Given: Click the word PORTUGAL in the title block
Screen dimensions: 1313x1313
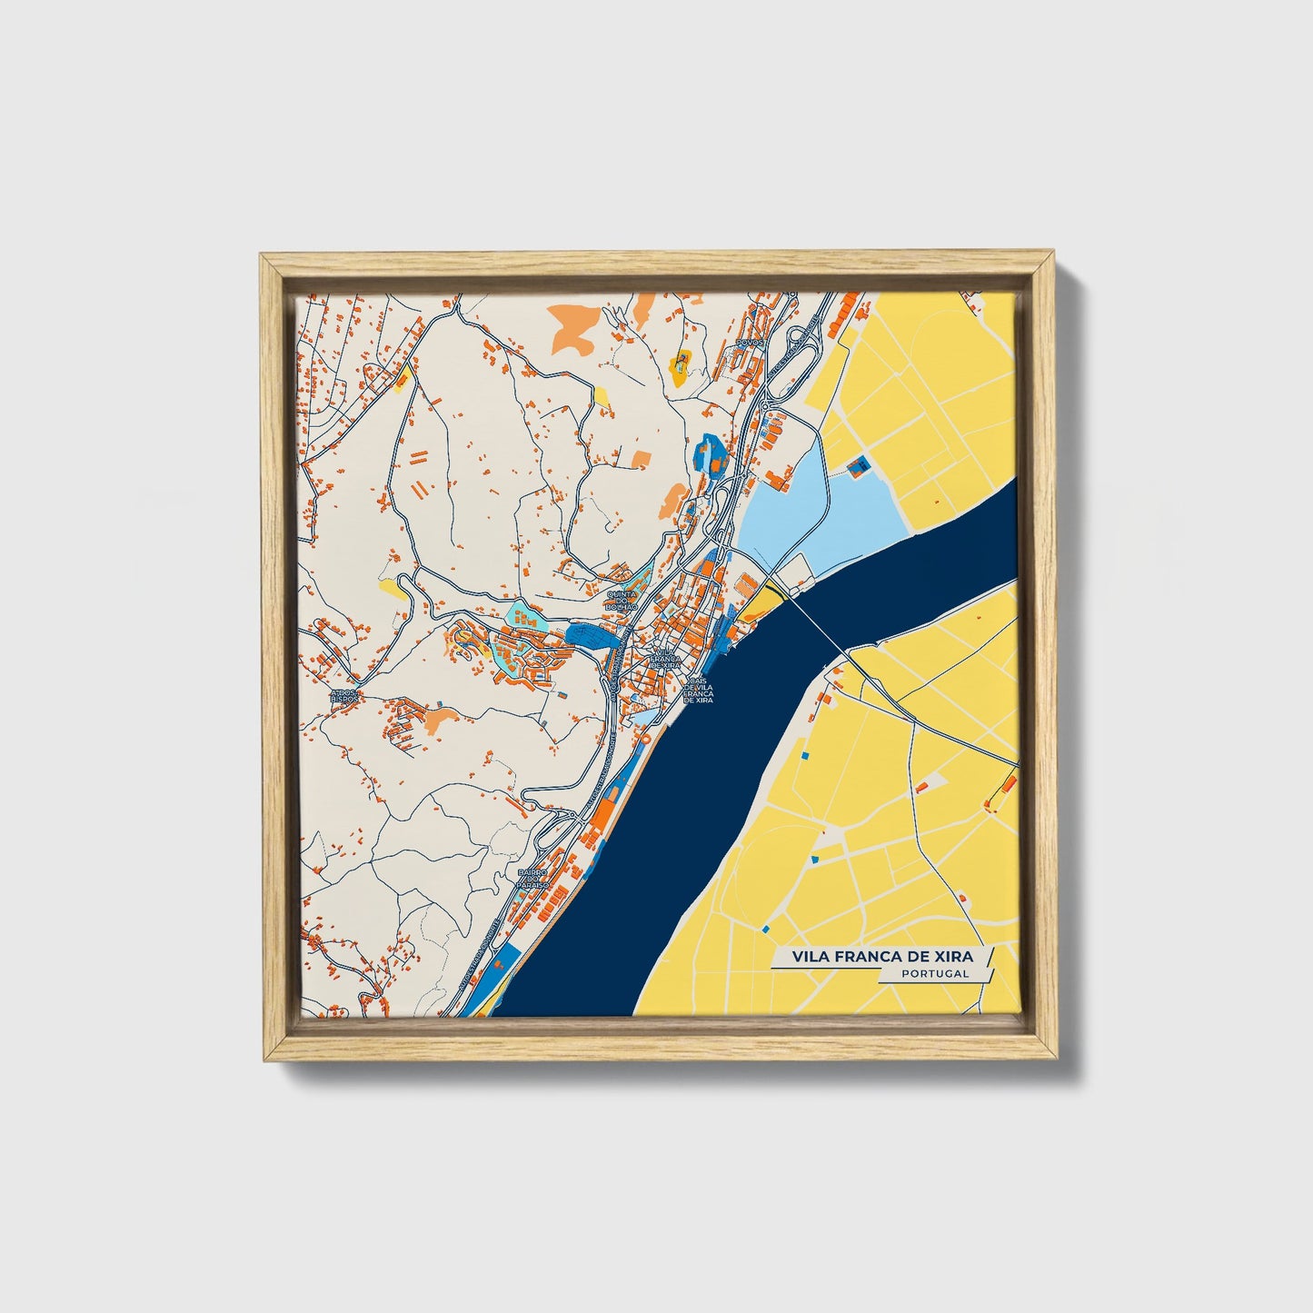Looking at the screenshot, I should pos(935,973).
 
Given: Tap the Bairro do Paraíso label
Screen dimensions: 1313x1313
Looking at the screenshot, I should pos(535,879).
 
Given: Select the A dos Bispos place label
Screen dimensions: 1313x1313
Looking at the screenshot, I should pos(344,695).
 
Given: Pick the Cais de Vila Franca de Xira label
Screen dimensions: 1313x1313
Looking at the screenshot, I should pos(698,689).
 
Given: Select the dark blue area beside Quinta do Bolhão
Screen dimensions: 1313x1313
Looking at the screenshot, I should pos(591,633).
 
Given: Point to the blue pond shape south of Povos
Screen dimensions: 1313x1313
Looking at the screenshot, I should pos(709,452).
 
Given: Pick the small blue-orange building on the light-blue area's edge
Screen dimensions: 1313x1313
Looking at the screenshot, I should pos(857,466).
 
